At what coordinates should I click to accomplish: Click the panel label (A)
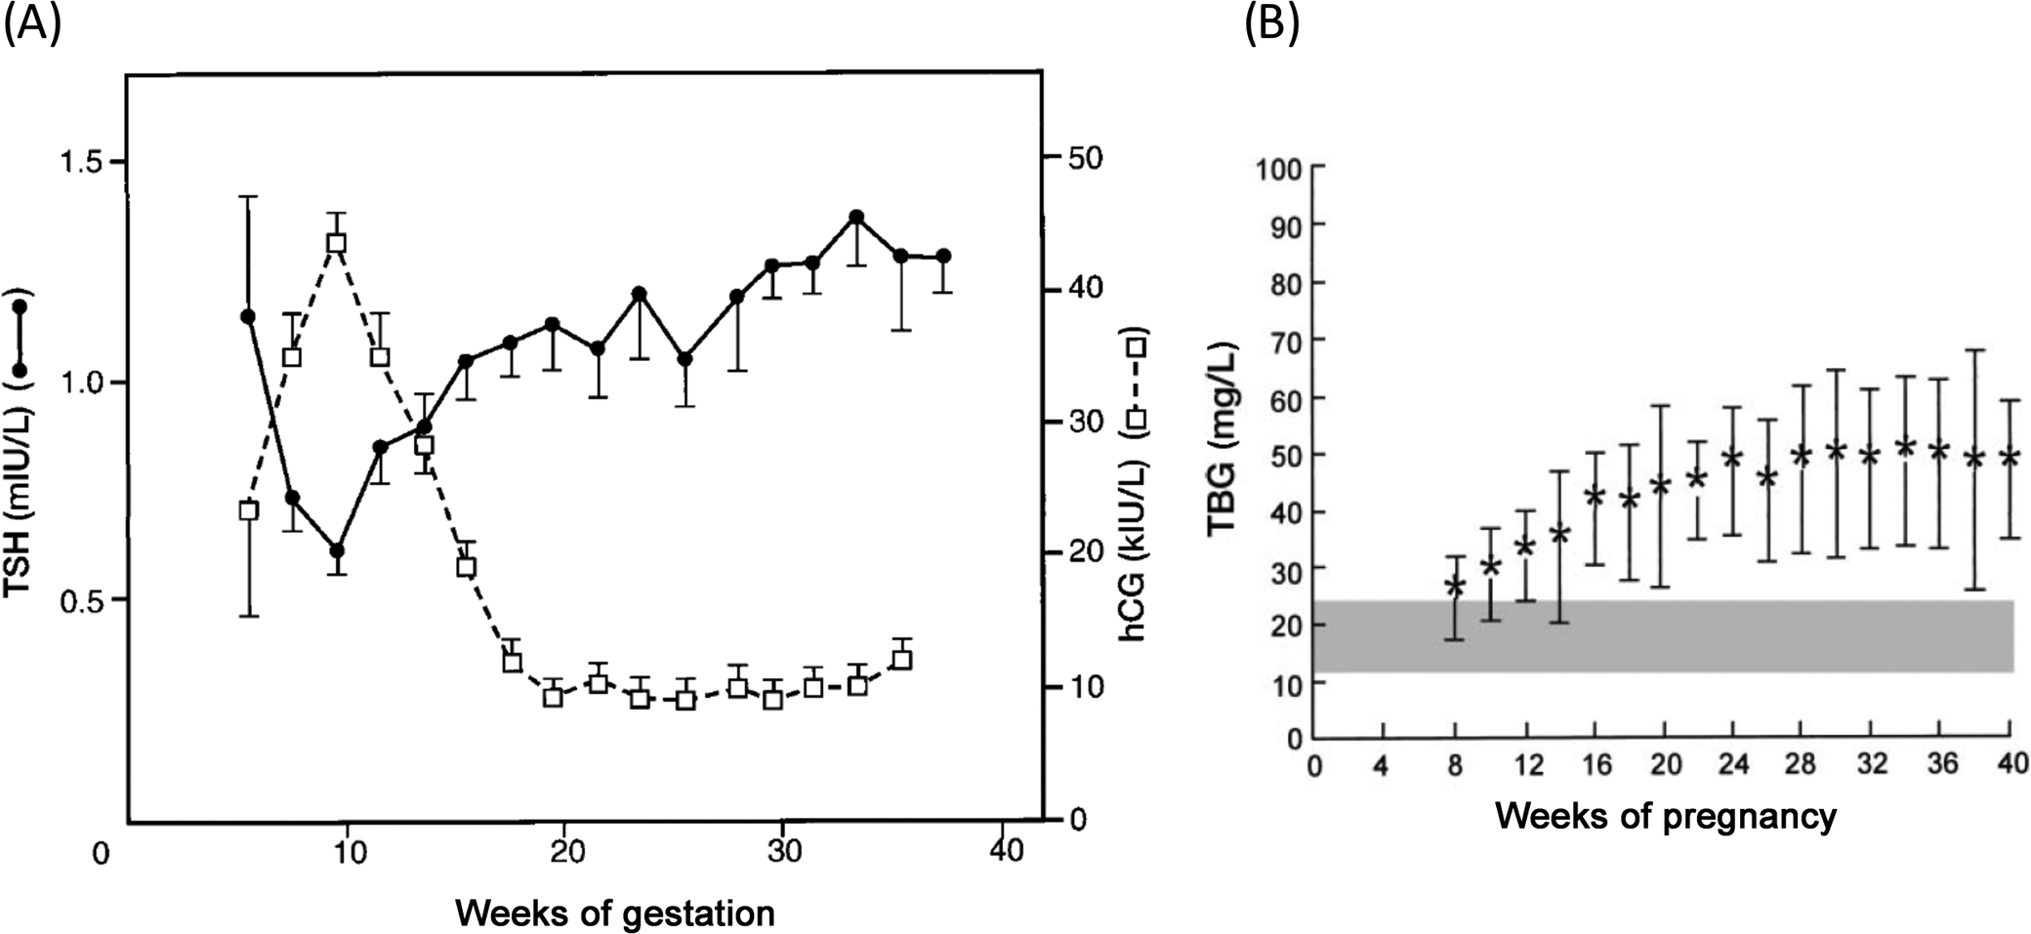tap(33, 24)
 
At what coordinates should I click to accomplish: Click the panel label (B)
tap(1271, 24)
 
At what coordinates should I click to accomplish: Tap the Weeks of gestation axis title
tap(614, 914)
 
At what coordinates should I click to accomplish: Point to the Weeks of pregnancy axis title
tap(1665, 815)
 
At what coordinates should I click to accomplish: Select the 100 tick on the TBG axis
tap(1279, 169)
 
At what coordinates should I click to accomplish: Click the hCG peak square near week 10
tap(337, 243)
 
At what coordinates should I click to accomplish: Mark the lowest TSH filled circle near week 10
tap(337, 550)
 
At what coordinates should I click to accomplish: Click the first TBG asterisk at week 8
tap(1455, 586)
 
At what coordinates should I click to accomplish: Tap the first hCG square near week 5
tap(248, 509)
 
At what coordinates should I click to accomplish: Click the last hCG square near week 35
tap(903, 660)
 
